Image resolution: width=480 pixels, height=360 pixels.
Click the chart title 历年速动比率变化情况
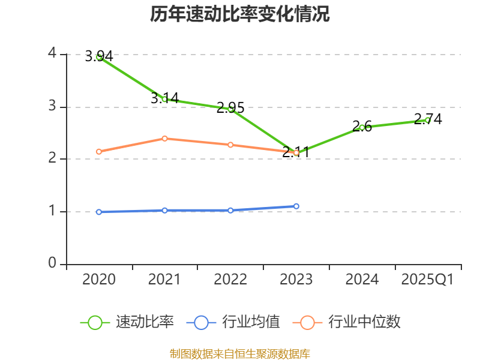[x=240, y=14]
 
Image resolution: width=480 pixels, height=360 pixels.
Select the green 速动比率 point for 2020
[x=99, y=57]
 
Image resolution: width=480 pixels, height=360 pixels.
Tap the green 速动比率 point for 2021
[x=164, y=99]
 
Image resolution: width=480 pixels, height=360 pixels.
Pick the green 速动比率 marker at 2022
[x=230, y=109]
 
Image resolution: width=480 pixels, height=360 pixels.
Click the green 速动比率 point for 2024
[x=362, y=127]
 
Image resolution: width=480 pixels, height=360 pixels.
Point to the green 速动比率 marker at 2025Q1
[x=428, y=120]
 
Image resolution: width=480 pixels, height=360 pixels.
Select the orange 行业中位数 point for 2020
[x=99, y=152]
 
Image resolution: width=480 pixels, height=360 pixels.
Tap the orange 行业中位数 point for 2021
[x=164, y=139]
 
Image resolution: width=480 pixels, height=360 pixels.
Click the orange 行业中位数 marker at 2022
[x=230, y=145]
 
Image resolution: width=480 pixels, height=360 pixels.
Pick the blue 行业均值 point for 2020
[x=99, y=212]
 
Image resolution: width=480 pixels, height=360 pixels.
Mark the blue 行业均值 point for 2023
[x=296, y=206]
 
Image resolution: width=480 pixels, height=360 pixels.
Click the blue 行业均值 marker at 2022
[x=230, y=211]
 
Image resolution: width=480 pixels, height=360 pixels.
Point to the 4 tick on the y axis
[x=52, y=53]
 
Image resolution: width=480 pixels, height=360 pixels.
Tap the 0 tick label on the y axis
[x=52, y=263]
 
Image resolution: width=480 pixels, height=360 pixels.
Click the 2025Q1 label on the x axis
[x=428, y=280]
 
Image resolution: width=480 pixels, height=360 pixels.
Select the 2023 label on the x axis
[x=296, y=280]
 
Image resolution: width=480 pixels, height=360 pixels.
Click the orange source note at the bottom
[x=240, y=353]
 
